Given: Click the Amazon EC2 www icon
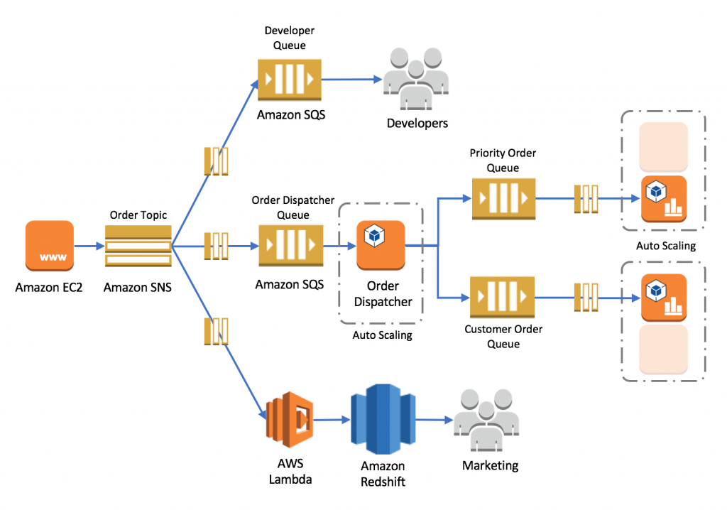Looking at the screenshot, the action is click(50, 246).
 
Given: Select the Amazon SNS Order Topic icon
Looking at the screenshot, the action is click(138, 246).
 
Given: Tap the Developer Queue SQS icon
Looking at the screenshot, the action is click(290, 80).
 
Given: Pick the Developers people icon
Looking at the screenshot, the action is click(416, 79).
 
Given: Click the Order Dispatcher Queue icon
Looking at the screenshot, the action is click(290, 246).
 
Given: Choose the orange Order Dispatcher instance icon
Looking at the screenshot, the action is click(381, 246).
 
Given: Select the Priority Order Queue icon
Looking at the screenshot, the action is click(503, 199).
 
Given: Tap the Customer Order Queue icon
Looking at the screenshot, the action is click(502, 298).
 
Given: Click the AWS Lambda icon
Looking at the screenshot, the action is click(290, 420).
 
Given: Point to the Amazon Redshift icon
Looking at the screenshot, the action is click(383, 420).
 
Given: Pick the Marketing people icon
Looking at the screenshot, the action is click(486, 421).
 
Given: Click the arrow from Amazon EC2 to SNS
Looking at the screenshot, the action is click(89, 246).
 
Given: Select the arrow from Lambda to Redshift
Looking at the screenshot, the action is click(332, 420).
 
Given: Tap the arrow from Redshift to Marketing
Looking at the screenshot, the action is click(434, 420).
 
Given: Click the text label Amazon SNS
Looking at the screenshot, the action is click(138, 288).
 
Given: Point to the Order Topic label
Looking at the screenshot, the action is click(138, 215).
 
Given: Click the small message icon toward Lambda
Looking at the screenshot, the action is click(216, 331).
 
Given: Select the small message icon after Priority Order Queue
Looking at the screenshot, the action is click(586, 199).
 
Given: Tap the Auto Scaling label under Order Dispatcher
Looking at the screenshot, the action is click(382, 335).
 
